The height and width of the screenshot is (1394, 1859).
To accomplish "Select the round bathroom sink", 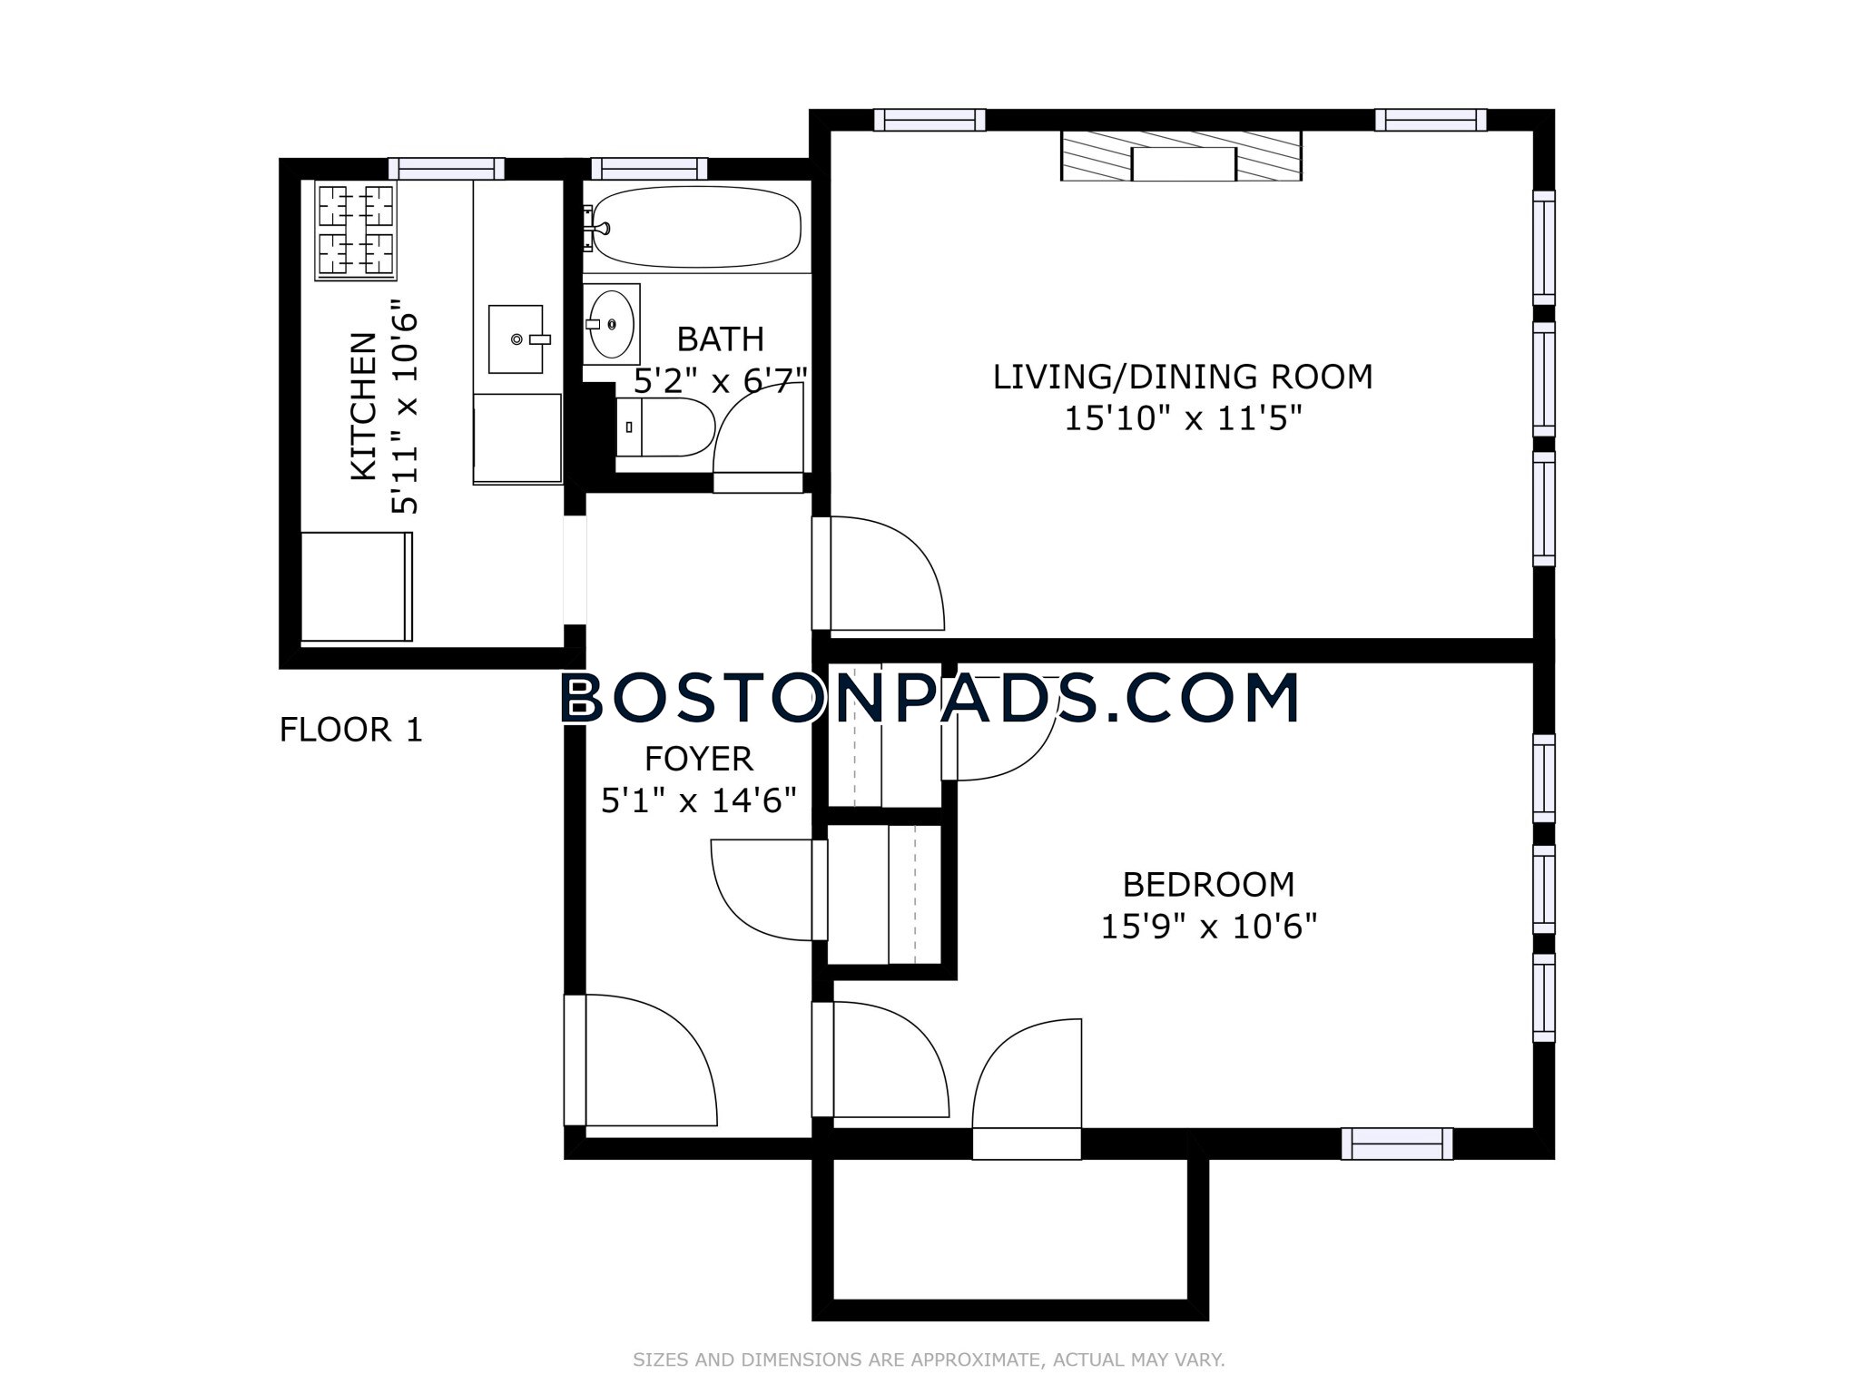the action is pyautogui.click(x=611, y=324).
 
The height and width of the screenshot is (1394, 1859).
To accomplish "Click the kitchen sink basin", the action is pyautogui.click(x=516, y=339).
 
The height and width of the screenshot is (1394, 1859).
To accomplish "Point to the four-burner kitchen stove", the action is pyautogui.click(x=357, y=231).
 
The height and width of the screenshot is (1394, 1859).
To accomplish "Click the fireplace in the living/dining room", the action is pyautogui.click(x=1182, y=156).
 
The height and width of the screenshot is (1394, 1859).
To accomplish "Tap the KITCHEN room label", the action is pyautogui.click(x=363, y=406).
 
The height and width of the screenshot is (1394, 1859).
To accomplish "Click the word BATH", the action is pyautogui.click(x=721, y=339).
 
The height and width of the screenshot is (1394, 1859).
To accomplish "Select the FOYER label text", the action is pyautogui.click(x=699, y=758).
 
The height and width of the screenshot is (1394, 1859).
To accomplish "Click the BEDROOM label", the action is pyautogui.click(x=1209, y=884).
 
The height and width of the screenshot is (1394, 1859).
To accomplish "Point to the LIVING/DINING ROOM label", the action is pyautogui.click(x=1183, y=377).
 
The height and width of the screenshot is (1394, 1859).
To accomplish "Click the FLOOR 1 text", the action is pyautogui.click(x=351, y=730).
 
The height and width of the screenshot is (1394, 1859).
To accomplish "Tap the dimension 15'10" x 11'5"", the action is pyautogui.click(x=1184, y=419).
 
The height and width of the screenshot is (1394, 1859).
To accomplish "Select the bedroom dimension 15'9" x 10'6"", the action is pyautogui.click(x=1209, y=927).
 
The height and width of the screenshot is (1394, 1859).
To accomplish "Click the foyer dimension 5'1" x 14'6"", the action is pyautogui.click(x=699, y=800).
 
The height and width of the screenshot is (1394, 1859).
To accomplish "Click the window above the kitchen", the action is pyautogui.click(x=446, y=169).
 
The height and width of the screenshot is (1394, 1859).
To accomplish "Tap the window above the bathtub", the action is pyautogui.click(x=649, y=169).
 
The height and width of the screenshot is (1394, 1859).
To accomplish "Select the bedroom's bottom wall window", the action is pyautogui.click(x=1397, y=1144).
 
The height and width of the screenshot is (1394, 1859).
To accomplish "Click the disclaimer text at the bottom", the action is pyautogui.click(x=929, y=1360).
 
